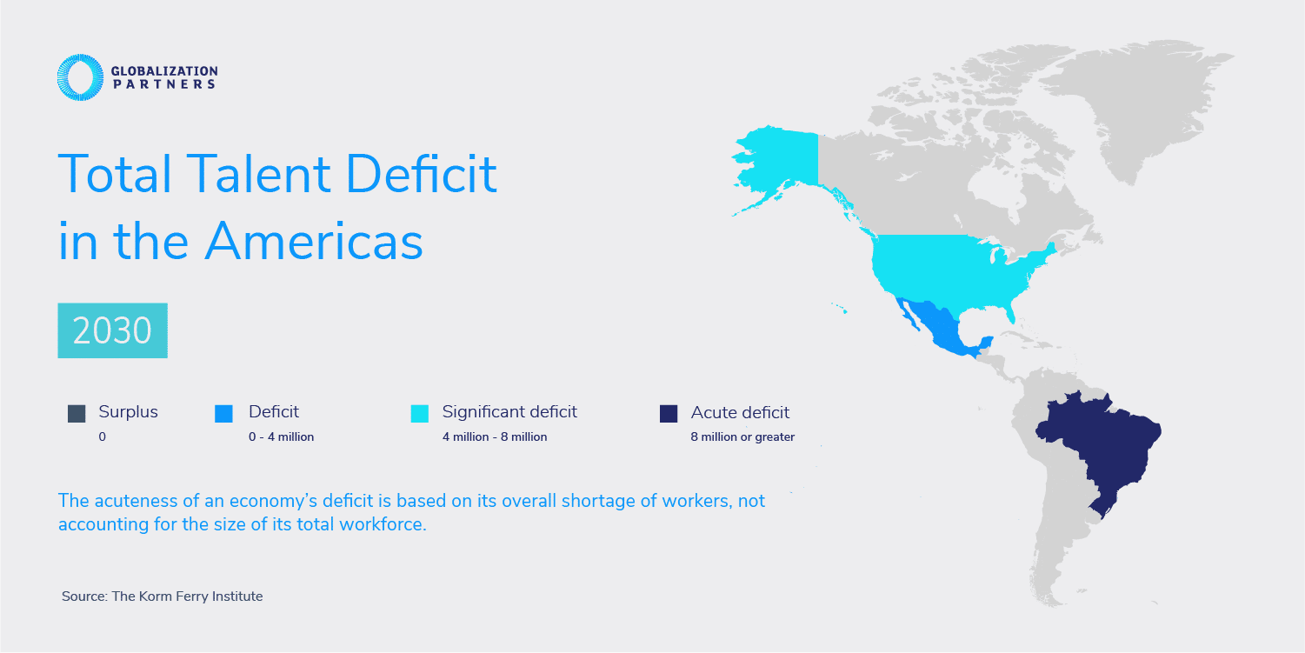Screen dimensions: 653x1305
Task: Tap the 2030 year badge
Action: pyautogui.click(x=112, y=330)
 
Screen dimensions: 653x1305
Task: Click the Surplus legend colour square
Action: pyautogui.click(x=77, y=414)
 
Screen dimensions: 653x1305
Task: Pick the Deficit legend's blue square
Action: pyautogui.click(x=223, y=414)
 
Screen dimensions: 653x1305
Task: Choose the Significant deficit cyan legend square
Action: pyautogui.click(x=420, y=414)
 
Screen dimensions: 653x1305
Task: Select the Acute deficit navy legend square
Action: pyautogui.click(x=668, y=414)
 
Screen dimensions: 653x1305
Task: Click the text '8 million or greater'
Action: pyautogui.click(x=742, y=437)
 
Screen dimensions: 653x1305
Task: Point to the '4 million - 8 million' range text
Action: pyautogui.click(x=494, y=437)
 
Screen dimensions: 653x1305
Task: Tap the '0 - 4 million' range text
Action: pyautogui.click(x=281, y=437)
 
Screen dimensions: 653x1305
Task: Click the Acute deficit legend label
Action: pyautogui.click(x=740, y=413)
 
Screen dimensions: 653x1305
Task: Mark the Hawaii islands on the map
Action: pyautogui.click(x=839, y=308)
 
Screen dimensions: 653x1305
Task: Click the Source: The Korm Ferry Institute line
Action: pyautogui.click(x=162, y=596)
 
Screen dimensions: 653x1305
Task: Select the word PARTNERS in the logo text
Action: pyautogui.click(x=163, y=84)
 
